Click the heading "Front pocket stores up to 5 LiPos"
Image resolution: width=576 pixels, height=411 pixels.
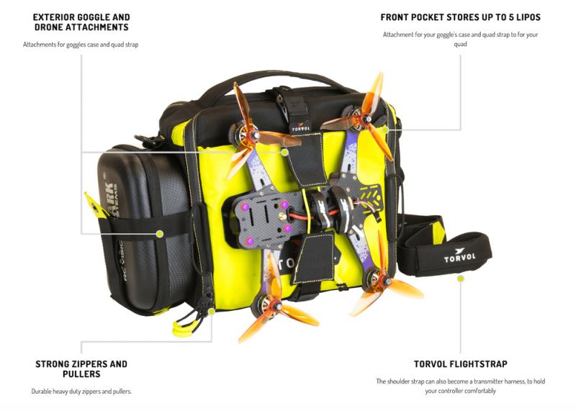[x=460, y=17]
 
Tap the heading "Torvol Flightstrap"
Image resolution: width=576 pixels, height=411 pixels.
[x=460, y=364]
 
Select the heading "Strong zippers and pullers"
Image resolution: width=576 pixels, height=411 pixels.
[x=81, y=369]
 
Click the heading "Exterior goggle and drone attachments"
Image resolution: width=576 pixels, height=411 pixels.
[x=81, y=22]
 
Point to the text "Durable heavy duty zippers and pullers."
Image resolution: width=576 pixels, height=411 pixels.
[x=81, y=392]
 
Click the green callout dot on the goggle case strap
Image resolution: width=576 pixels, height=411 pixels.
[x=159, y=233]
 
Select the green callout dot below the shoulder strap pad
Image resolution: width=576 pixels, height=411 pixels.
[x=460, y=279]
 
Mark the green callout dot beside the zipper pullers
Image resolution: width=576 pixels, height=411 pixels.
[x=212, y=312]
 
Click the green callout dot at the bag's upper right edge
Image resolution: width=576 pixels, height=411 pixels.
[x=385, y=130]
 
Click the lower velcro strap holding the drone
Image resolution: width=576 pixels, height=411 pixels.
[x=314, y=258]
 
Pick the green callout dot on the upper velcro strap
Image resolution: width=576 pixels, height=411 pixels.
[x=284, y=152]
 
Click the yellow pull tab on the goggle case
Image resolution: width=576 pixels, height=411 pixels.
[x=94, y=206]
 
